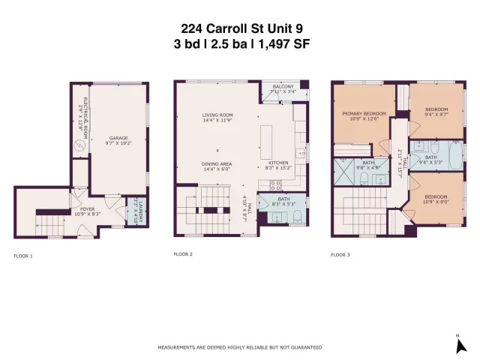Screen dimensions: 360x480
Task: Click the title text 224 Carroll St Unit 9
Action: [240, 29]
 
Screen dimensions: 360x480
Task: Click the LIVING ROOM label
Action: [217, 115]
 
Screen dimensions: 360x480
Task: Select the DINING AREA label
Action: [217, 163]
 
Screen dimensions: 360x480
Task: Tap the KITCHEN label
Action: [278, 163]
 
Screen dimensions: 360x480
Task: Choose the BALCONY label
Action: [283, 87]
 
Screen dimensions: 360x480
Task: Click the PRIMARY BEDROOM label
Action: [363, 114]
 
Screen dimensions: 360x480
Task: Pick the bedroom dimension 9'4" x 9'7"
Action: [436, 115]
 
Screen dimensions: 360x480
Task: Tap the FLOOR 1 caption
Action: [23, 256]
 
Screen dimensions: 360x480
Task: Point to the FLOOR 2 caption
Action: [183, 255]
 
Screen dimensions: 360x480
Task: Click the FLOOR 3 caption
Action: [340, 255]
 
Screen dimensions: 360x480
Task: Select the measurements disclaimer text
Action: [240, 347]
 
